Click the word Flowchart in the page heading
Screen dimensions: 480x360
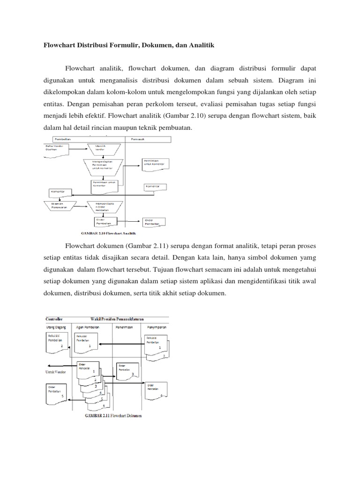(59, 45)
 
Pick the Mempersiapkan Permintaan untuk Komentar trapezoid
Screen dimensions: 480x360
(104, 165)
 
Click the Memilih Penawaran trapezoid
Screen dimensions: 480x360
(60, 206)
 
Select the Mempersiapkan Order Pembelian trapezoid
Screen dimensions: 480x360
(105, 207)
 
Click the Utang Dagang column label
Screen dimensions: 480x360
(57, 326)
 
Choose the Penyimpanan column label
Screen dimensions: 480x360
(156, 326)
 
